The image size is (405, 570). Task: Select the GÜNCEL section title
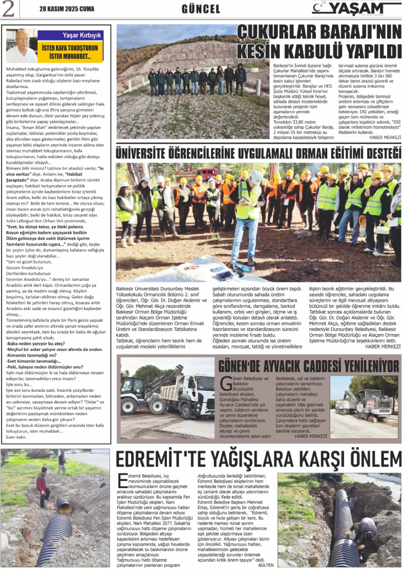tap(200, 9)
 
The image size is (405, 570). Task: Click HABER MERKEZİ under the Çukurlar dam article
tap(384, 137)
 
